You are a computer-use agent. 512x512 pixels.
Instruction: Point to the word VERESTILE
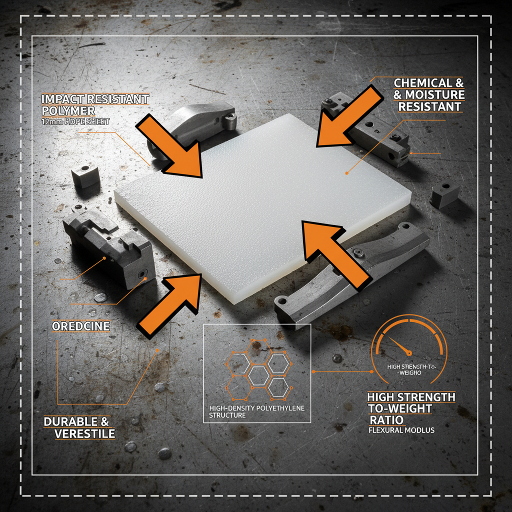85,433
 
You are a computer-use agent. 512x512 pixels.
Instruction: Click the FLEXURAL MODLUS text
401,430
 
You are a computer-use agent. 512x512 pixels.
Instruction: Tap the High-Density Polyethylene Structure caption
256,411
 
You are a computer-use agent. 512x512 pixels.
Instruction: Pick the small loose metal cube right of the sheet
443,194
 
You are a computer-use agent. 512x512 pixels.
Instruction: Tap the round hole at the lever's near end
283,302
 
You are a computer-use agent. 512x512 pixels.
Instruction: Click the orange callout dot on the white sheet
346,172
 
